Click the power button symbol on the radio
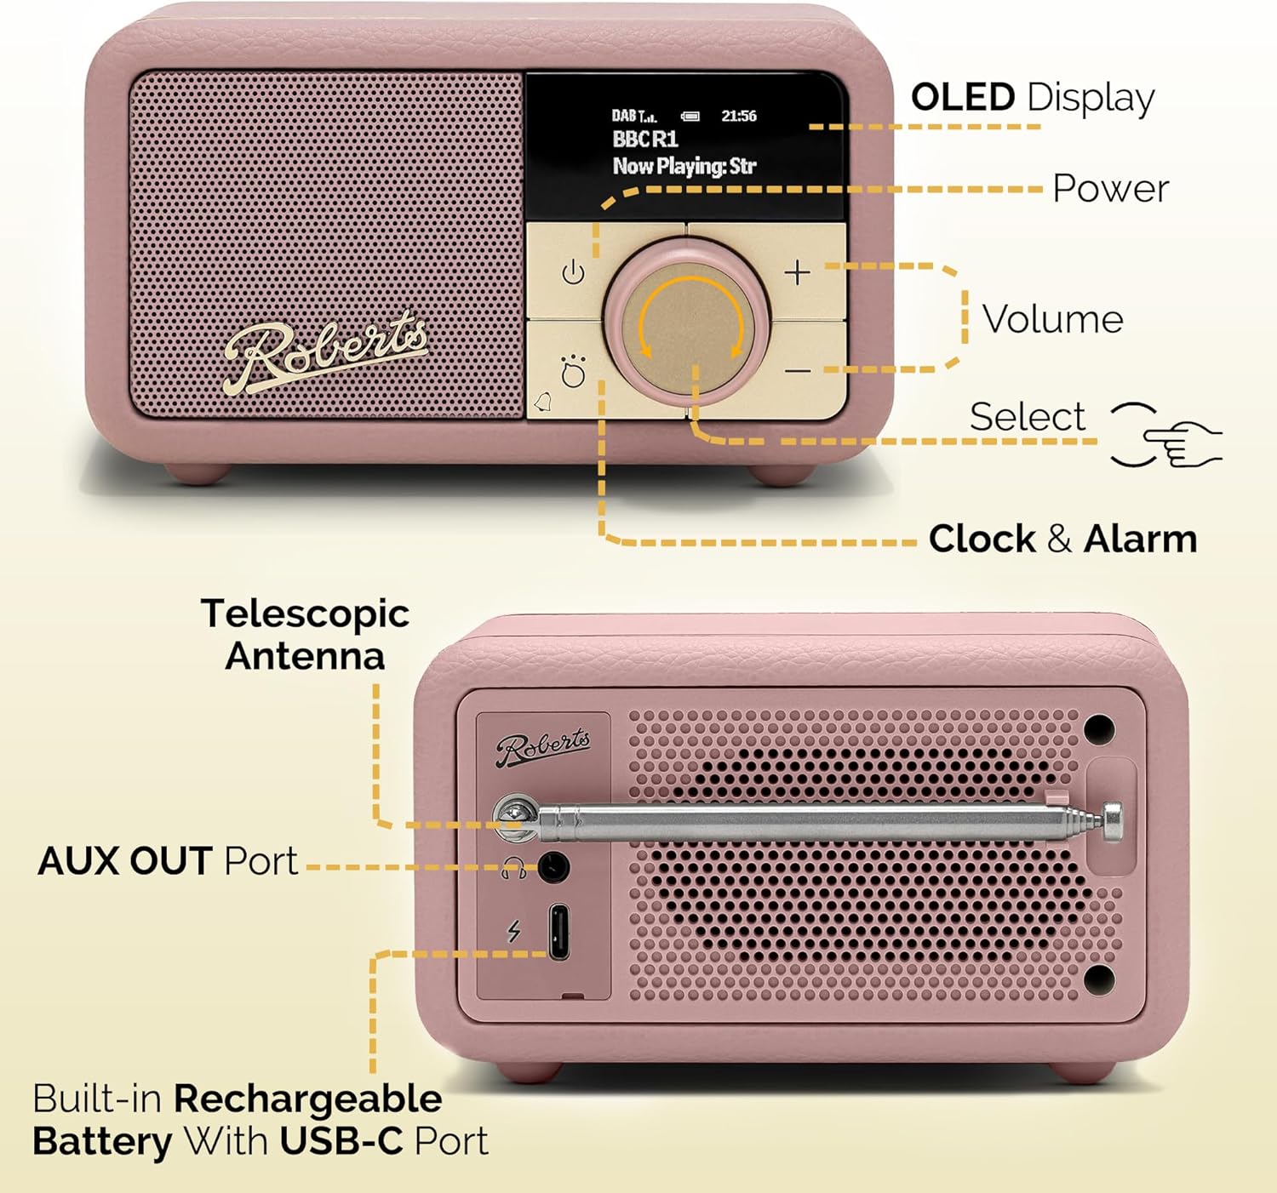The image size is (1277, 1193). pyautogui.click(x=573, y=273)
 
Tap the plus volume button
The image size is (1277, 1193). pyautogui.click(x=798, y=273)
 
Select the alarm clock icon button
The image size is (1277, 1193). pyautogui.click(x=572, y=372)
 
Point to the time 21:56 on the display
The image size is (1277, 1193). pyautogui.click(x=739, y=116)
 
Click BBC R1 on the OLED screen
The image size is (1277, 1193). pyautogui.click(x=645, y=139)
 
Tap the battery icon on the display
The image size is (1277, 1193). pyautogui.click(x=690, y=117)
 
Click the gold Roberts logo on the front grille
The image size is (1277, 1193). pyautogui.click(x=325, y=352)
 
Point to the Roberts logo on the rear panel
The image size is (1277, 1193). pyautogui.click(x=543, y=747)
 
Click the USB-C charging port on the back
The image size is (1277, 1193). pyautogui.click(x=558, y=932)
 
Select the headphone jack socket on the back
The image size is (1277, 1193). pyautogui.click(x=553, y=868)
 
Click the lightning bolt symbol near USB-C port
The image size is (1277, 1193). pyautogui.click(x=513, y=931)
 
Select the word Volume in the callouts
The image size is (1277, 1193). pyautogui.click(x=1052, y=319)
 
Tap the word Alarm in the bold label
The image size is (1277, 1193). pyautogui.click(x=1140, y=539)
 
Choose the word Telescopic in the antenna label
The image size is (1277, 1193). pyautogui.click(x=305, y=614)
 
